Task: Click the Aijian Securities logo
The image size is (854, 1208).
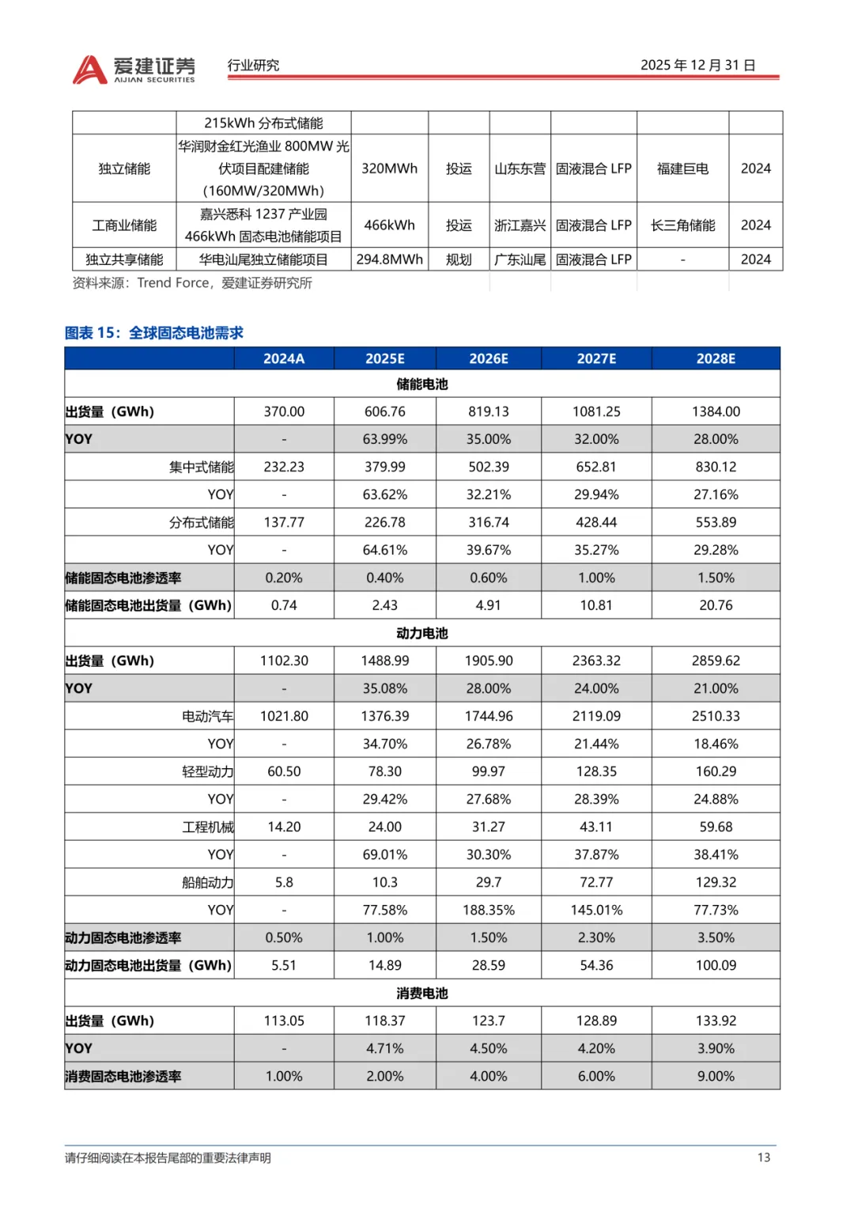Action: click(x=134, y=70)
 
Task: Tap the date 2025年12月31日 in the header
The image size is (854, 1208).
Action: click(x=697, y=65)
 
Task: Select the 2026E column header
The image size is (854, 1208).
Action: click(x=488, y=358)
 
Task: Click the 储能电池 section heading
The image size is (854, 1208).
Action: click(x=421, y=384)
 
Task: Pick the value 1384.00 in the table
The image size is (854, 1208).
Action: click(x=716, y=411)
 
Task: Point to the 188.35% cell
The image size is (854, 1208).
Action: click(x=488, y=910)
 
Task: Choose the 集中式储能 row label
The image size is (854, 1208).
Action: click(x=201, y=467)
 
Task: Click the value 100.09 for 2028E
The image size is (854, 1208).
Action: click(x=716, y=965)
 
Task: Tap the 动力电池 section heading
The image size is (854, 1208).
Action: click(x=421, y=633)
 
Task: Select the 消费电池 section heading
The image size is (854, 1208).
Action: click(x=421, y=993)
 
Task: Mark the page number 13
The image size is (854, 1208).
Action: click(x=763, y=1157)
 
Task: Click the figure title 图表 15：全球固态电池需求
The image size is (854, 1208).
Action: click(x=154, y=333)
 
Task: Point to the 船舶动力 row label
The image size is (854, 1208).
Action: click(x=207, y=882)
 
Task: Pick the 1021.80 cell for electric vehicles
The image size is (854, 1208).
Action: click(x=284, y=716)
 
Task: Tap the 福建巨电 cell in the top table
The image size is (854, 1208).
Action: click(x=682, y=169)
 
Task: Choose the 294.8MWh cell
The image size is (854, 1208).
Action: click(x=389, y=259)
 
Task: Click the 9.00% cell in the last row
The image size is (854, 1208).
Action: click(x=716, y=1076)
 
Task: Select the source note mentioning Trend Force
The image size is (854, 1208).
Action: click(x=192, y=283)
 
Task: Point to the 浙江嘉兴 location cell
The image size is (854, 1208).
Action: click(x=520, y=225)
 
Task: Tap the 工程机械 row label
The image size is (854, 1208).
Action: click(x=207, y=827)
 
